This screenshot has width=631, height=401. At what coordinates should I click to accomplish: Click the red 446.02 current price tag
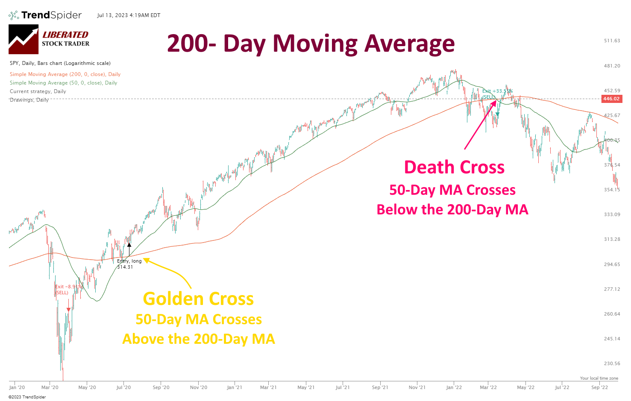[x=611, y=99]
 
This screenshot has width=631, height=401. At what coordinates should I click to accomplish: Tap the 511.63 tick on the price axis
[x=612, y=41]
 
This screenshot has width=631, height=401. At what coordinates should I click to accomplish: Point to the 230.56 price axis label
[x=612, y=363]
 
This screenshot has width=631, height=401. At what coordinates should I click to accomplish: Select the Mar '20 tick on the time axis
[x=50, y=387]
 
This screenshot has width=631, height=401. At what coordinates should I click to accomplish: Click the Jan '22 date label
[x=454, y=387]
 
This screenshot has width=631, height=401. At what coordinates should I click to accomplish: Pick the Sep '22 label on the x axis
[x=599, y=387]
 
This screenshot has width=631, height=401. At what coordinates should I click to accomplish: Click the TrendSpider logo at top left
[x=45, y=15]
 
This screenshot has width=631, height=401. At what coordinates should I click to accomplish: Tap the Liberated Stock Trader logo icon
[x=23, y=39]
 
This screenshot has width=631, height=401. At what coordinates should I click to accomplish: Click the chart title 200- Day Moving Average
[x=311, y=44]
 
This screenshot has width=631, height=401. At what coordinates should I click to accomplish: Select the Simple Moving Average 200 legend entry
[x=65, y=74]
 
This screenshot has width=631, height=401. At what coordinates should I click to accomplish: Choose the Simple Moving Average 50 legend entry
[x=63, y=83]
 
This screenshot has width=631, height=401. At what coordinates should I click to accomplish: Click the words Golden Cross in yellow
[x=198, y=299]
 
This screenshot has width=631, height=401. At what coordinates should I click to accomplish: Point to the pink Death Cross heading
[x=454, y=167]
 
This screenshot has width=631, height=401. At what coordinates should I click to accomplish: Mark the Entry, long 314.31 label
[x=129, y=264]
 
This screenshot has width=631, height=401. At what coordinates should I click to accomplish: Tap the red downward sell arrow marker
[x=68, y=309]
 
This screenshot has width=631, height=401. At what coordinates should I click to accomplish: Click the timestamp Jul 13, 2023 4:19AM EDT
[x=129, y=15]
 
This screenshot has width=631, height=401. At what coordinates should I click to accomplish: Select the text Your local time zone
[x=599, y=378]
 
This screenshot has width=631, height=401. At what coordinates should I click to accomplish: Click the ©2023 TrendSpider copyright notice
[x=27, y=397]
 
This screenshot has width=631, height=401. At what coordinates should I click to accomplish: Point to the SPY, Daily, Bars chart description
[x=60, y=63]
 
